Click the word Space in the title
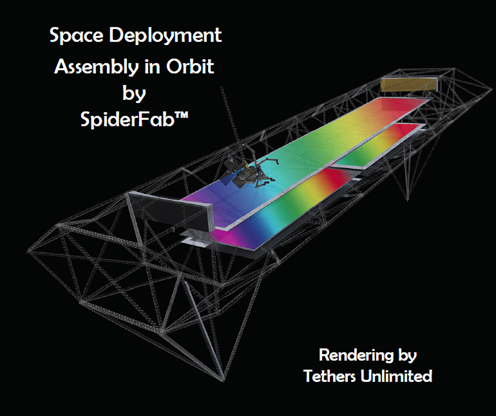[76, 35]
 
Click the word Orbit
[190, 66]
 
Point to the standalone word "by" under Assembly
[134, 94]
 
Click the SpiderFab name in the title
[127, 119]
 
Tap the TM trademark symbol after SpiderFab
[182, 115]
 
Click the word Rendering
[356, 355]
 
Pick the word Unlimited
[396, 376]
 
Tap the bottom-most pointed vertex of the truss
[224, 381]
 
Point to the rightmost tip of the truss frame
[491, 90]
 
